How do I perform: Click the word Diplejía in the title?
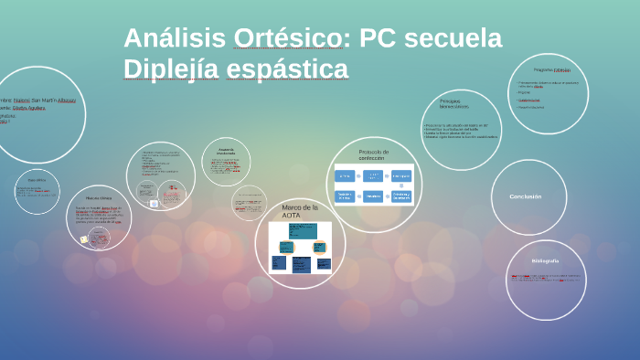[x=171, y=69]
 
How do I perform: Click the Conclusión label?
[x=526, y=196]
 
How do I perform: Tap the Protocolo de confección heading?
[x=373, y=154]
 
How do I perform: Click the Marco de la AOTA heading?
[x=299, y=211]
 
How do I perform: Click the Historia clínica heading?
[x=99, y=197]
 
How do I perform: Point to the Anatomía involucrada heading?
[x=226, y=152]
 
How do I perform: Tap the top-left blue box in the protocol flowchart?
[x=345, y=175]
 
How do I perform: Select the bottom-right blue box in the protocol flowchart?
[x=401, y=196]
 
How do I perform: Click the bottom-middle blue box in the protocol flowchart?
[x=373, y=196]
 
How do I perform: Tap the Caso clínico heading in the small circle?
[x=37, y=180]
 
